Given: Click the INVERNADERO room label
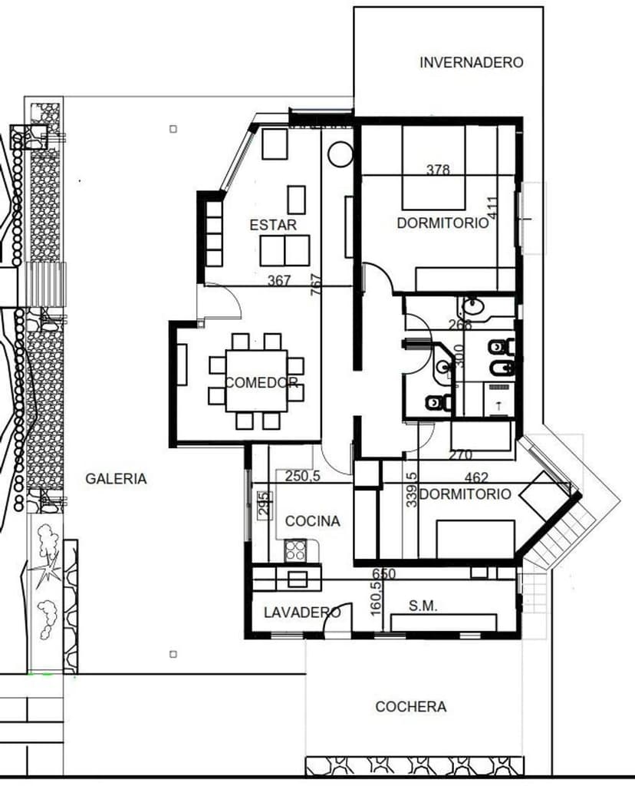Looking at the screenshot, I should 471,63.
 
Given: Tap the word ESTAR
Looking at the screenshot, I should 273,225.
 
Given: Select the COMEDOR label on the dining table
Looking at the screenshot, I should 262,382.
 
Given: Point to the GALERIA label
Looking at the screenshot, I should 116,478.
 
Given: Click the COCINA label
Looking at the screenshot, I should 312,521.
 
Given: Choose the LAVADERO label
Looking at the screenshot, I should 301,613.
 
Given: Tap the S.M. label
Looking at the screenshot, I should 423,606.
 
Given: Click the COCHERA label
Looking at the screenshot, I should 410,706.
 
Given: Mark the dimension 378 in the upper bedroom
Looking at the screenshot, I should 438,170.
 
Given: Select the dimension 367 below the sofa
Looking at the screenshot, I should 279,281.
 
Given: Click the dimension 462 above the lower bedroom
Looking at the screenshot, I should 476,478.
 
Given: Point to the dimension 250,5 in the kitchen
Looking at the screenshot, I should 302,476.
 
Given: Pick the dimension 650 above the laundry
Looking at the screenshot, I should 383,573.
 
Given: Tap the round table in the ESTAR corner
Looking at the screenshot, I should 338,154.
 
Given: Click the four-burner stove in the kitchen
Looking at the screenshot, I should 296,549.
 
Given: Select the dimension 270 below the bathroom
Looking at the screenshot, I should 460,455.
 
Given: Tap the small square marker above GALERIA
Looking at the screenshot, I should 173,129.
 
